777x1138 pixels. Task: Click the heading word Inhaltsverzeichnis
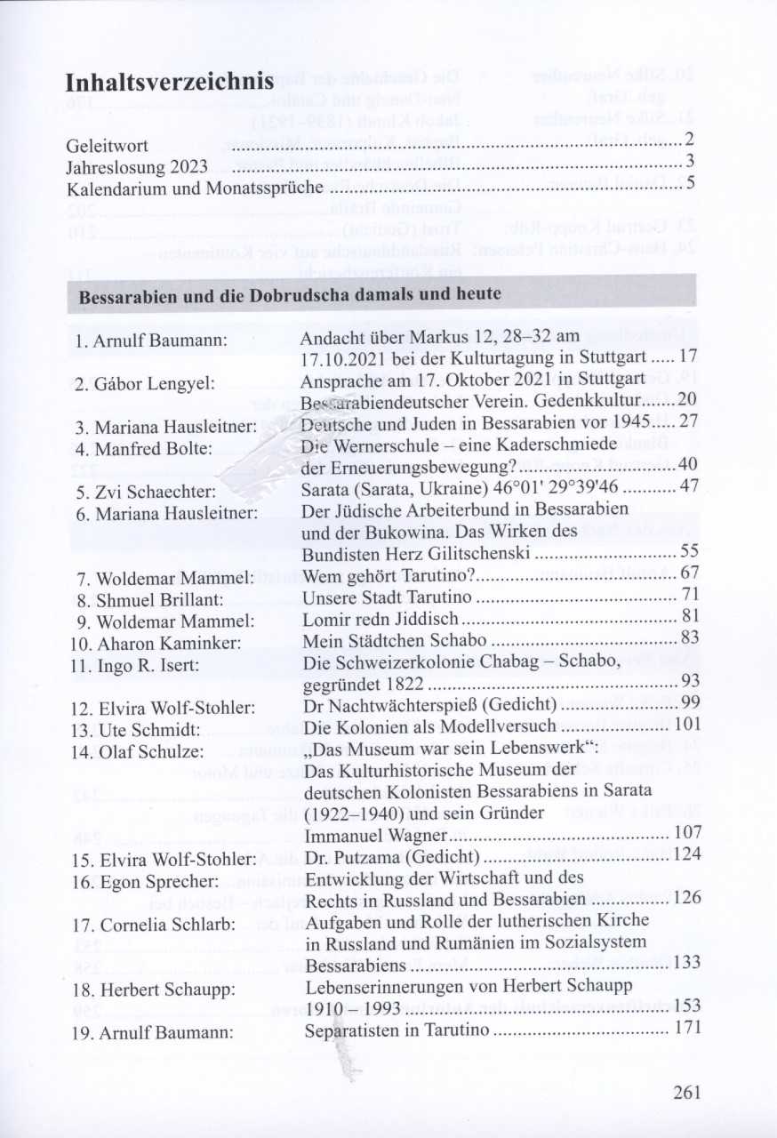[169, 82]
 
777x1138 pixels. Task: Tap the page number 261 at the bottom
[687, 1093]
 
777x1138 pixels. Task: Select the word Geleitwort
[107, 145]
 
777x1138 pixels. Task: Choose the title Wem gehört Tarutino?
[384, 573]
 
